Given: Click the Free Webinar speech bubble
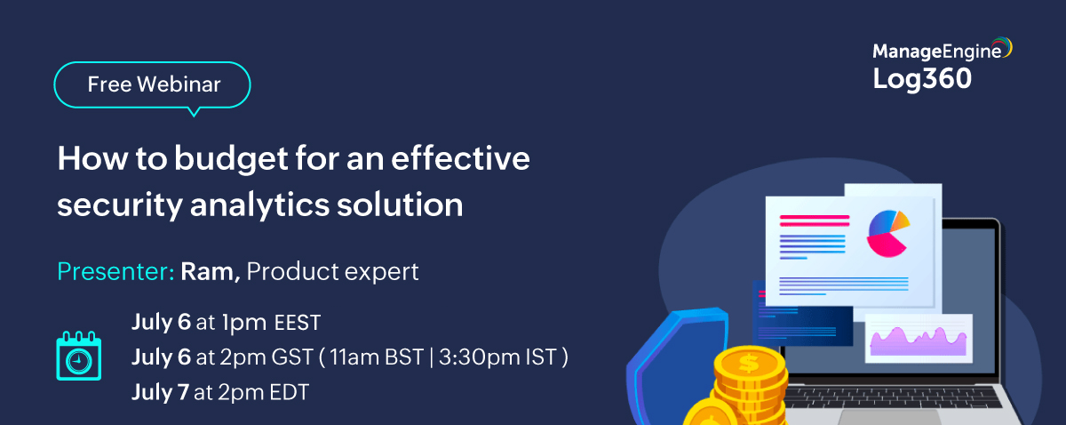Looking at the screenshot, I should (153, 85).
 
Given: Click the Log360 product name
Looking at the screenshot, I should (922, 79).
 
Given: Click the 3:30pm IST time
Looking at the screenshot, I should (500, 357).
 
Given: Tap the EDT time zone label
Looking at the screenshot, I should (284, 392).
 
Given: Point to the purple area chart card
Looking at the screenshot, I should (919, 338).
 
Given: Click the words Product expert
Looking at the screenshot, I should (332, 271).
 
